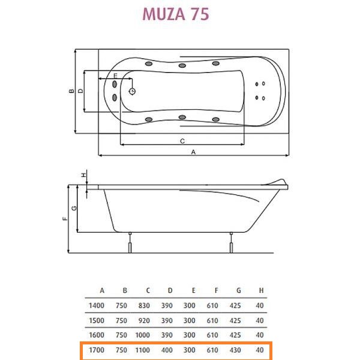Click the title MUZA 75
tap(175, 14)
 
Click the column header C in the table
tap(148, 291)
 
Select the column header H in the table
tap(259, 291)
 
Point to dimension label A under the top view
tap(193, 152)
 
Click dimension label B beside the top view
tap(71, 92)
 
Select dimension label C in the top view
tap(181, 140)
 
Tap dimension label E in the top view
tap(115, 76)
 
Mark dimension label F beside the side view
tap(65, 219)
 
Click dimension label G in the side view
tap(73, 208)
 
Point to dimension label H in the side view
tap(84, 175)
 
